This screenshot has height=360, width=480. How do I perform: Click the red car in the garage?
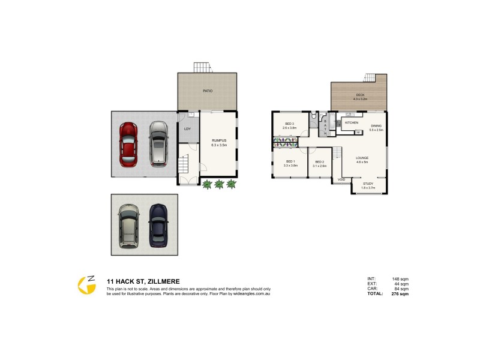(129, 144)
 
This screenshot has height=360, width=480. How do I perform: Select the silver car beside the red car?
(158, 143)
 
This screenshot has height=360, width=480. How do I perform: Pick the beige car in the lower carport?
(128, 226)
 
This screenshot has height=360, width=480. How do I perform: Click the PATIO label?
(207, 91)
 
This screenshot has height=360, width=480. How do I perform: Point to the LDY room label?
(187, 128)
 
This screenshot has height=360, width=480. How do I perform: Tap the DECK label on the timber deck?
(360, 95)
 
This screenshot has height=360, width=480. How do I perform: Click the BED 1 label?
(290, 163)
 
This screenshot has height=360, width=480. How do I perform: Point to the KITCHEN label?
(352, 122)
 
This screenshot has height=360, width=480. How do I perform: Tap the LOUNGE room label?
(362, 159)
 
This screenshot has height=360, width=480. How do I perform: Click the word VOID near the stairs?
(341, 179)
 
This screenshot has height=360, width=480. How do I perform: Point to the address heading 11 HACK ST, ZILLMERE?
(142, 281)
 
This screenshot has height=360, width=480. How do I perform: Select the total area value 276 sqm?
(400, 295)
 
